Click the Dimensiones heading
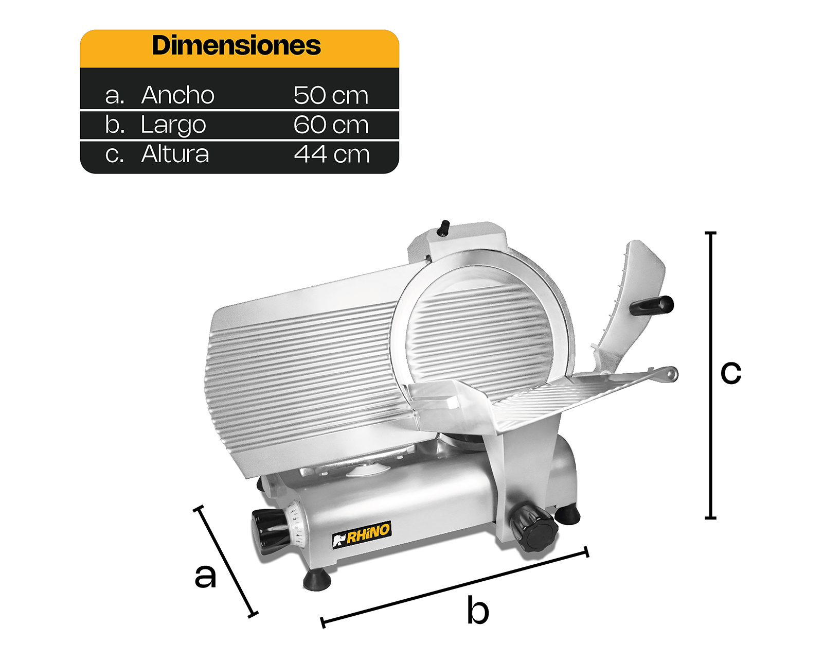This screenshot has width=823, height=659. [236, 46]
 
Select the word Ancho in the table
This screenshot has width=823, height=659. [178, 95]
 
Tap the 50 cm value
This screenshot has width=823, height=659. [331, 95]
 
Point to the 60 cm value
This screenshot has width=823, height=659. [331, 125]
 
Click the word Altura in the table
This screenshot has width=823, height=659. [175, 153]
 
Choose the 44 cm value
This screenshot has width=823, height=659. [332, 154]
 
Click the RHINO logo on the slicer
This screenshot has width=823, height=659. [362, 535]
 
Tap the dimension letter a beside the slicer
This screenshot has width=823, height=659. [205, 576]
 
